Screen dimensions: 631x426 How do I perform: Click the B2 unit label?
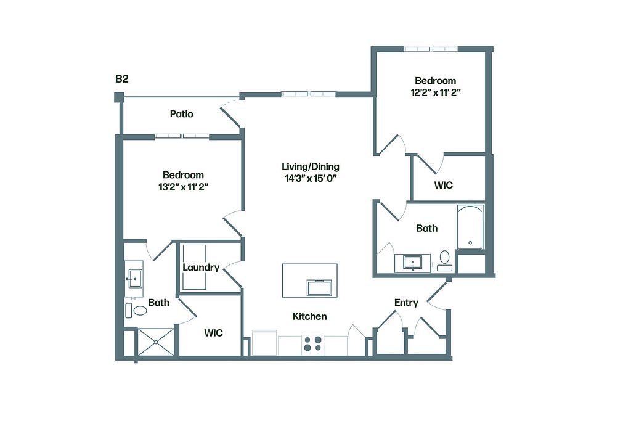[x=122, y=78]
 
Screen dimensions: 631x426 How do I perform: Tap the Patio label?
[x=182, y=114]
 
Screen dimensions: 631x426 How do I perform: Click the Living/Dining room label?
[x=311, y=166]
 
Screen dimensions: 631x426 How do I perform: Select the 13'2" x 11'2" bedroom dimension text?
[x=184, y=187]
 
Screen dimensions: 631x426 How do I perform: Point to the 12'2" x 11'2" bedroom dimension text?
[x=436, y=92]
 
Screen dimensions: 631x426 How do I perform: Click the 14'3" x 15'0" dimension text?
[x=311, y=178]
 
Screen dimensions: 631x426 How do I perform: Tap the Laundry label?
[x=201, y=268]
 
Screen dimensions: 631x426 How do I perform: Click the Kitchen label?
[x=309, y=316]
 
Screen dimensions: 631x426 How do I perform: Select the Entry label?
[x=406, y=302]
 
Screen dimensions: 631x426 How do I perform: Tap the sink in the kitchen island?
[x=319, y=287]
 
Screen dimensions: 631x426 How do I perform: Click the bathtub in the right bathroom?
[x=470, y=227]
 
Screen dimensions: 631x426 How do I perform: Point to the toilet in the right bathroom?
[x=445, y=260]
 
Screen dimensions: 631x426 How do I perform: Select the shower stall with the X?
[x=156, y=342]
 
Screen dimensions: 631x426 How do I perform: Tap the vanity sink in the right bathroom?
[x=412, y=263]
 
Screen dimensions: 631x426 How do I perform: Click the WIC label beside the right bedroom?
[x=443, y=185]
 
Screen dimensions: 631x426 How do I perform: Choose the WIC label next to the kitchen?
[x=213, y=333]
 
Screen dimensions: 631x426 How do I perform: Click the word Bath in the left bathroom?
[x=158, y=302]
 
